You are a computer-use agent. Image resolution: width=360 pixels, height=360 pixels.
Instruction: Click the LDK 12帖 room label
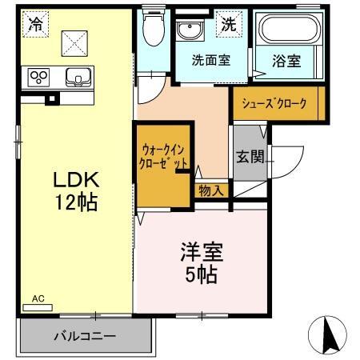point(75,189)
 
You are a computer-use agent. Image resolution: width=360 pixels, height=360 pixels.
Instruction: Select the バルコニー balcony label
point(86,336)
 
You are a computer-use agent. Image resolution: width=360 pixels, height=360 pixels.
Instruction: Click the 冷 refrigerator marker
point(34,25)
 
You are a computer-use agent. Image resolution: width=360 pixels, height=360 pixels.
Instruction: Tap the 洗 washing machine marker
point(229,26)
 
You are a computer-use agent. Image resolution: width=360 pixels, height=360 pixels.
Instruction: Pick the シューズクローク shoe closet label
point(280,102)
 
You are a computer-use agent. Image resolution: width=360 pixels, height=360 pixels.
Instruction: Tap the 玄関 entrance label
point(245,156)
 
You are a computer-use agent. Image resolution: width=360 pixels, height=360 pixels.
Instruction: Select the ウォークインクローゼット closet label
point(164,154)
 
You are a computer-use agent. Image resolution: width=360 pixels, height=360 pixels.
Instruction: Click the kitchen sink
point(78,78)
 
